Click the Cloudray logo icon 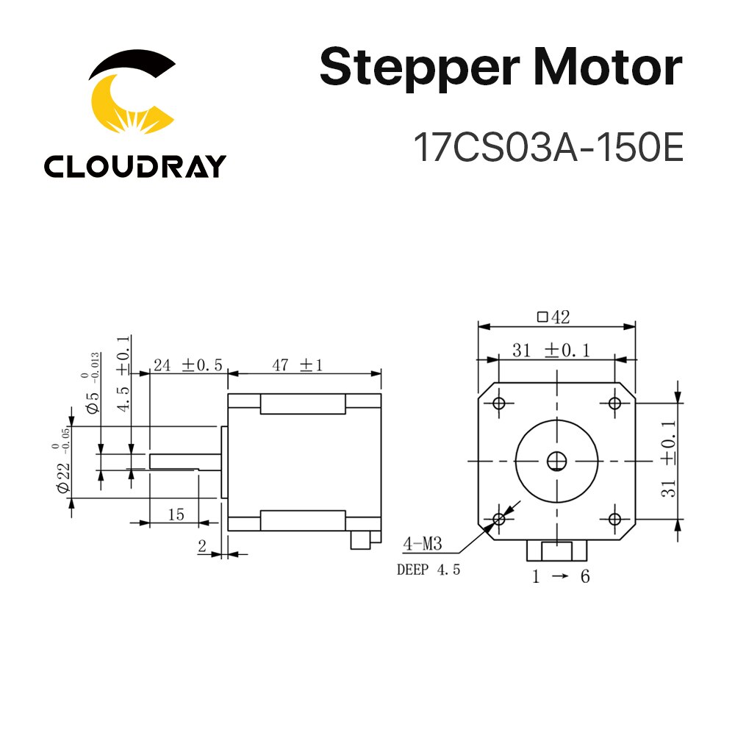click(132, 99)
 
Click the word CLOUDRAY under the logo click(135, 166)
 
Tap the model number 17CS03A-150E click(548, 147)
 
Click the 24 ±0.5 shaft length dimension click(187, 365)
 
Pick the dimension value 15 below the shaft click(176, 515)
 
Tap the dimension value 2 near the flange click(201, 545)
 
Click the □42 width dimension click(554, 318)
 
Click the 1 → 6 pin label click(561, 577)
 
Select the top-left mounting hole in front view click(499, 403)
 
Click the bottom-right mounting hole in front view click(614, 519)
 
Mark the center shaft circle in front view click(556, 461)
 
